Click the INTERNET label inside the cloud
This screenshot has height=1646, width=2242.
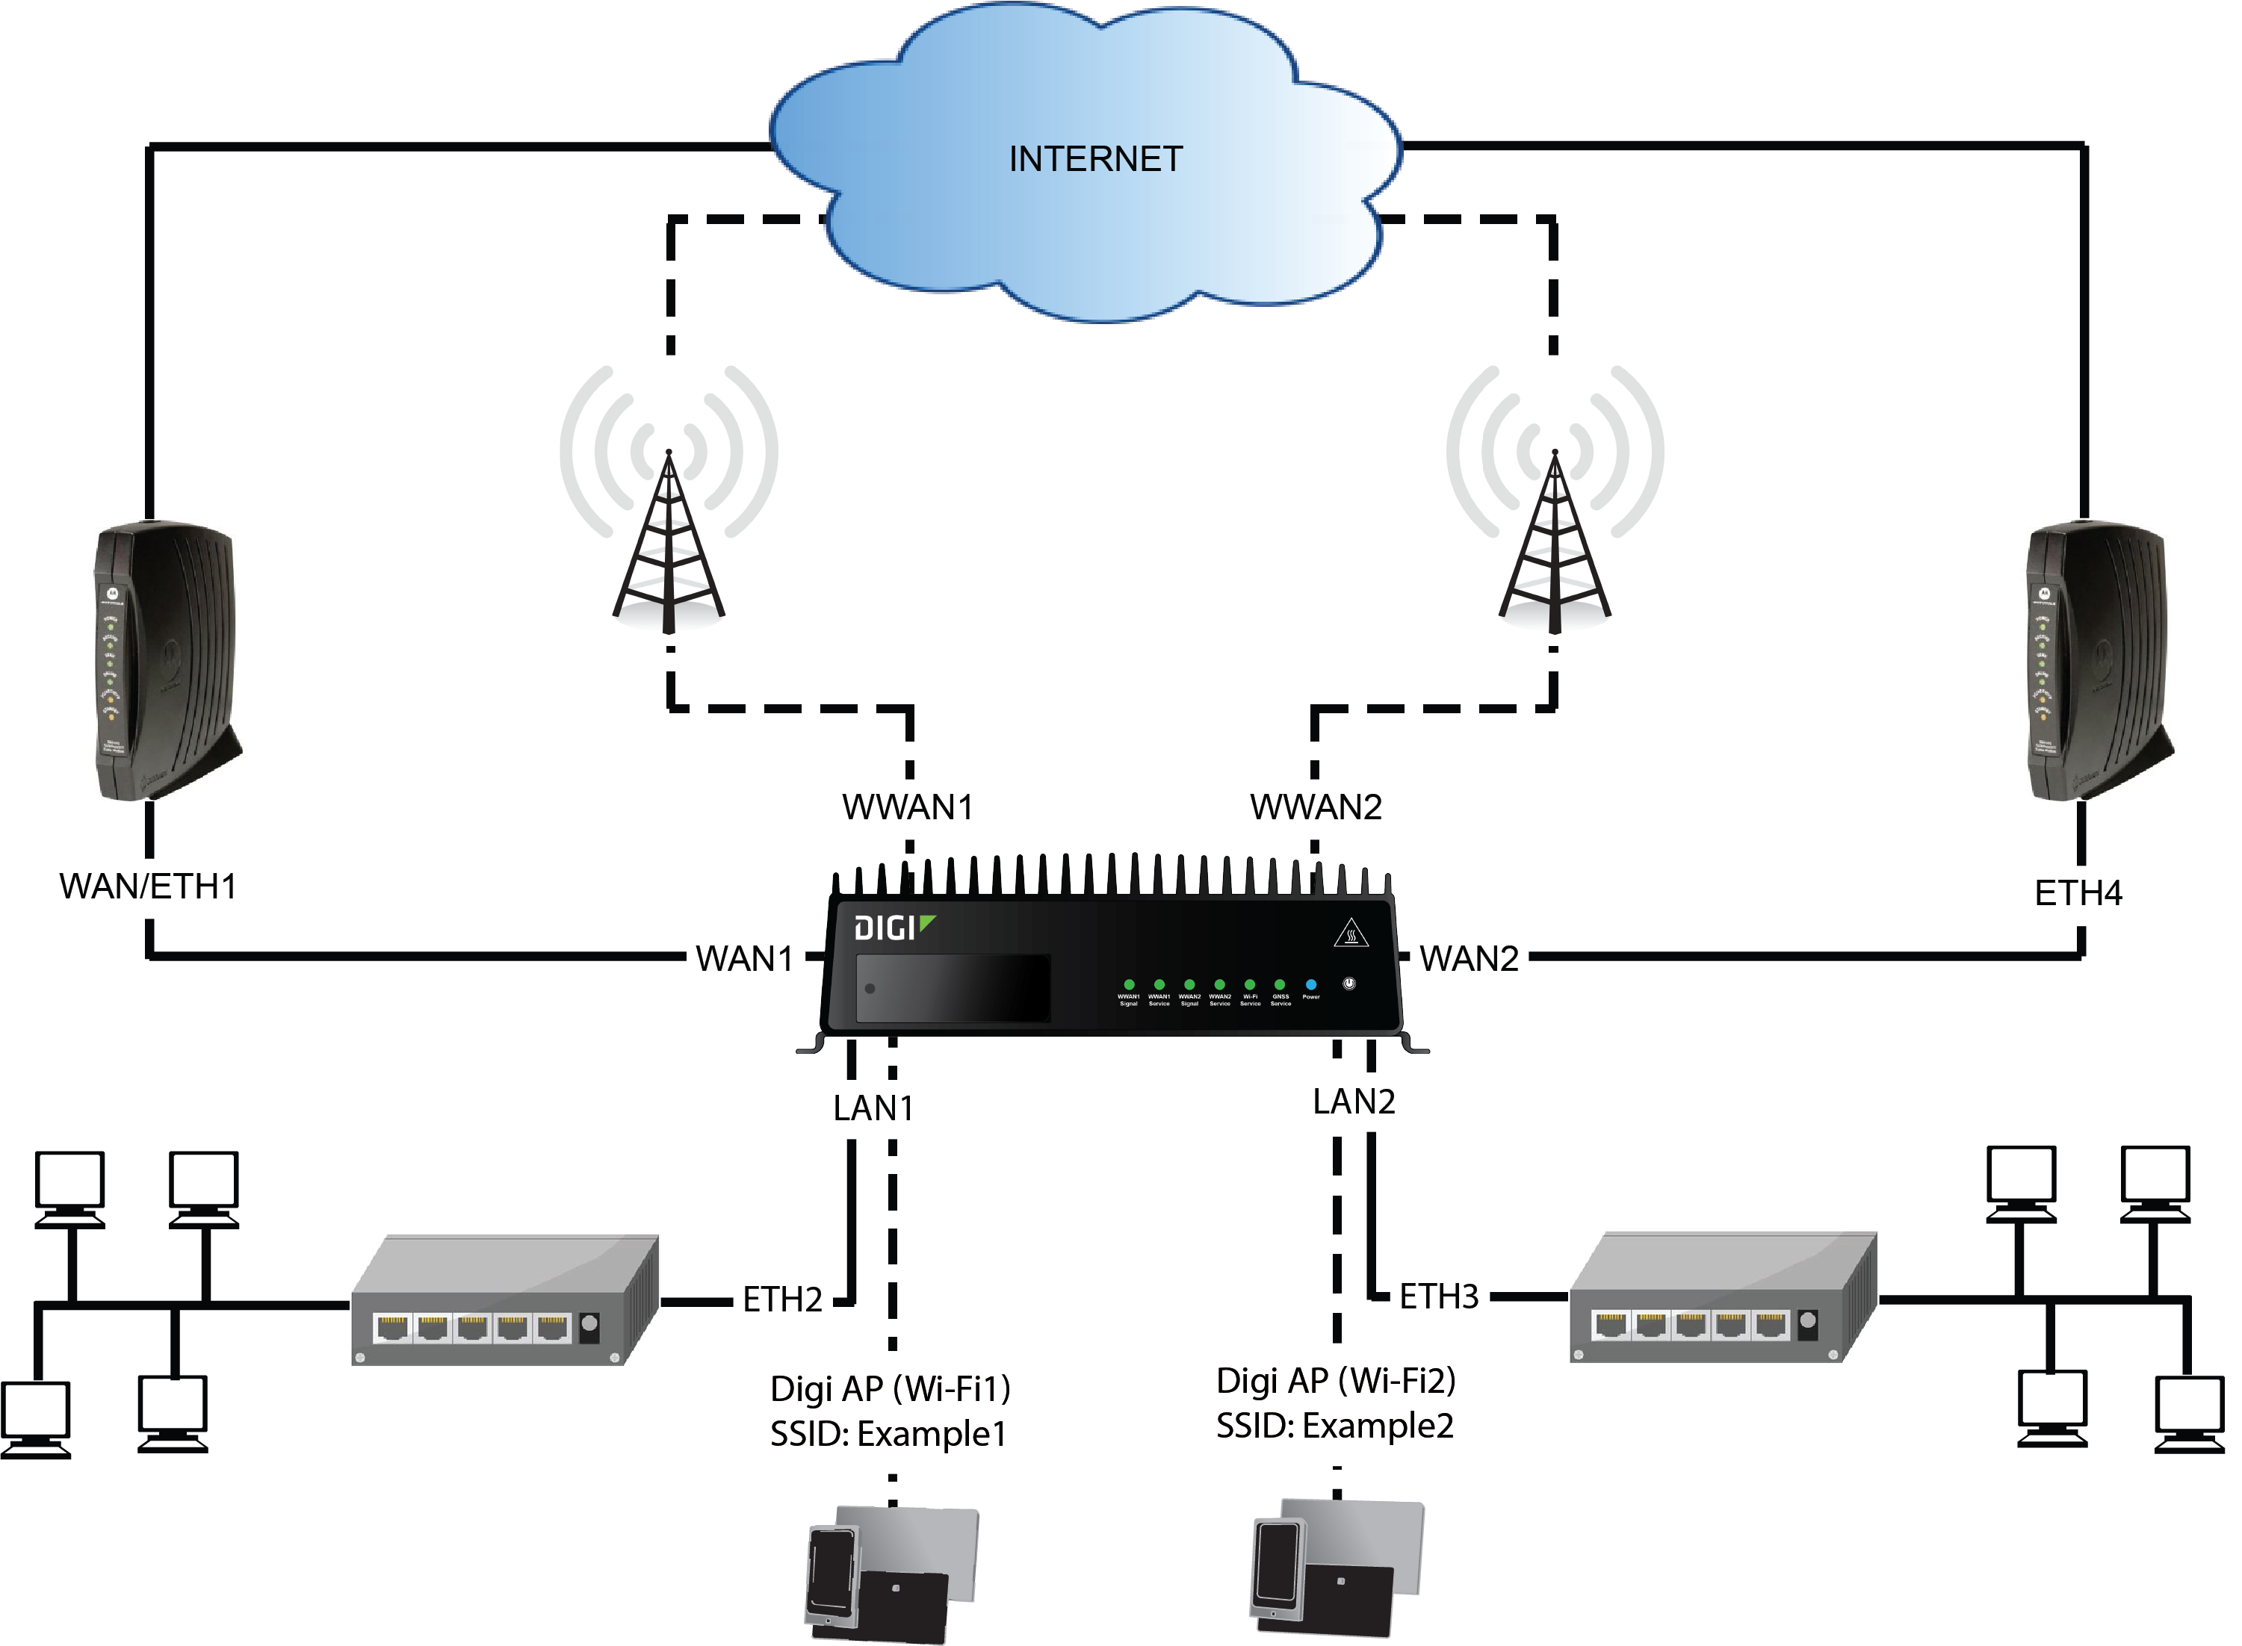pyautogui.click(x=1095, y=159)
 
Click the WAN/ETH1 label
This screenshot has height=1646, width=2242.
pyautogui.click(x=149, y=886)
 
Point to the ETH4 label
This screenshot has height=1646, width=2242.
pyautogui.click(x=2078, y=892)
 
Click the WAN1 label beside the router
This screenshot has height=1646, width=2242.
pyautogui.click(x=744, y=958)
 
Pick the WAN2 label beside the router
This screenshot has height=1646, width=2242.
pyautogui.click(x=1469, y=958)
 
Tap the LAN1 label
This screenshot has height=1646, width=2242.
pyautogui.click(x=873, y=1108)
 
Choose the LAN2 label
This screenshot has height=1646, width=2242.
pyautogui.click(x=1353, y=1101)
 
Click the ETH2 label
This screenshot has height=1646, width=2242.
pyautogui.click(x=782, y=1299)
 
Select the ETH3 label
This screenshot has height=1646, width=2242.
pyautogui.click(x=1438, y=1296)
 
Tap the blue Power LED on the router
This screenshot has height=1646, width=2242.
pyautogui.click(x=1310, y=984)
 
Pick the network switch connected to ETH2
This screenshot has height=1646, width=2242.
pyautogui.click(x=504, y=1300)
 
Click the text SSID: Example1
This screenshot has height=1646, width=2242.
pyautogui.click(x=888, y=1434)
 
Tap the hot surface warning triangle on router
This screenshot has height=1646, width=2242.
pyautogui.click(x=1350, y=933)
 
